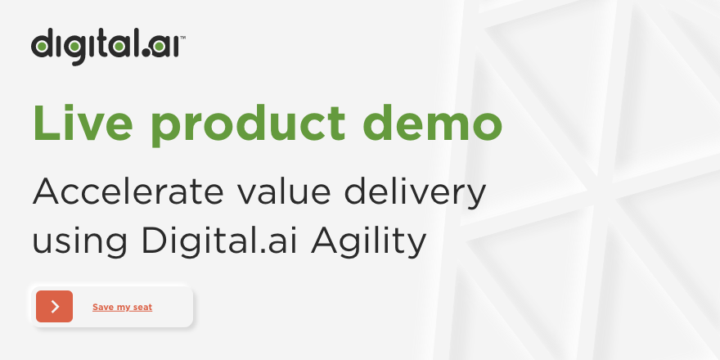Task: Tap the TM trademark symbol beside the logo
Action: point(182,37)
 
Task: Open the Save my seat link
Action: point(122,307)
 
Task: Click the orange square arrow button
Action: point(54,306)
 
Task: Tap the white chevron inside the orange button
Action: point(55,306)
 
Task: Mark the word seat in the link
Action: point(142,307)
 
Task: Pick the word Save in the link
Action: point(102,307)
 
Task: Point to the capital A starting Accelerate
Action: point(47,192)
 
